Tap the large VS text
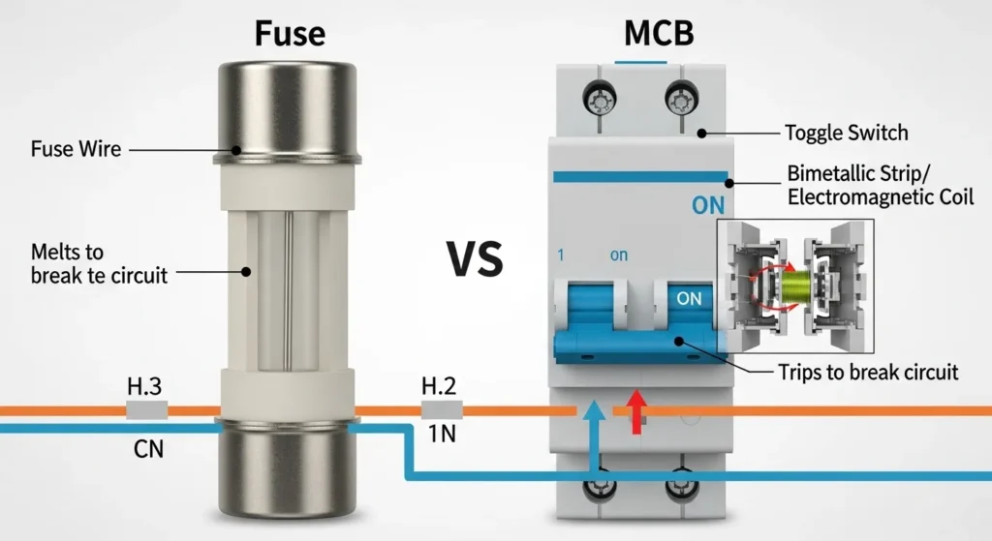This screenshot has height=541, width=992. [x=475, y=258]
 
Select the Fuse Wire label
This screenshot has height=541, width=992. [x=77, y=150]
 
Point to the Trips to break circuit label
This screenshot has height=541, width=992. [x=868, y=372]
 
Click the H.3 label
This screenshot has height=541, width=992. [x=144, y=387]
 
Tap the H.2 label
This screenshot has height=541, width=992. [x=439, y=387]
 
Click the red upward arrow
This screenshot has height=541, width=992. [x=636, y=409]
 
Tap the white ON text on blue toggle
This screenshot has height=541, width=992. [x=689, y=299]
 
